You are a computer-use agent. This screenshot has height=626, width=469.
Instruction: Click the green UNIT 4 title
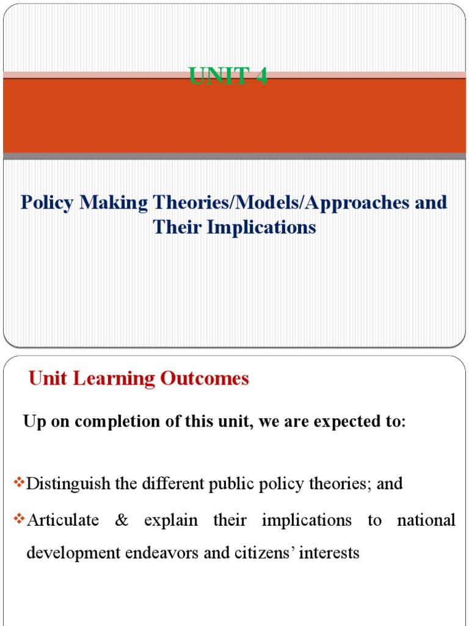point(228,77)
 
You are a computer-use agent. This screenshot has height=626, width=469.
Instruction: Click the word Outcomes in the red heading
point(205,379)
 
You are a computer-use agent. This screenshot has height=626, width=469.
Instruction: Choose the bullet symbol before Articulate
point(18,520)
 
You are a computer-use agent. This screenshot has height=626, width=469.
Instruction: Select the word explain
point(171,520)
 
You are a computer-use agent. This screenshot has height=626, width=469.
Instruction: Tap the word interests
point(329,553)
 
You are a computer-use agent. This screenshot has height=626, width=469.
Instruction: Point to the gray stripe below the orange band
point(234,156)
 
